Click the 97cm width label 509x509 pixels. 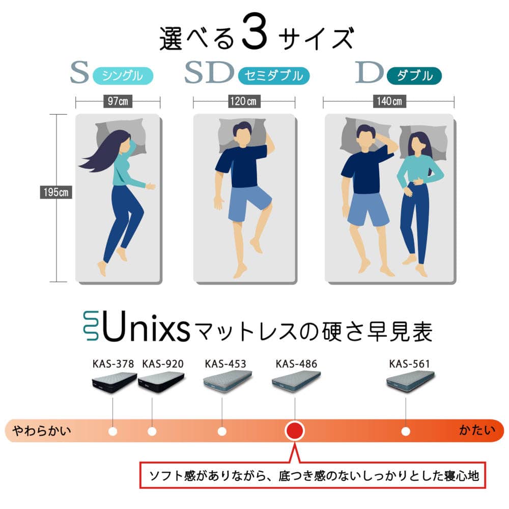[118, 101]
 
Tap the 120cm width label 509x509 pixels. [243, 101]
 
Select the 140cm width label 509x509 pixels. [389, 101]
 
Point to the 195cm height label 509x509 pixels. [56, 192]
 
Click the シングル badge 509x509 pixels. [123, 76]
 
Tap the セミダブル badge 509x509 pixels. [274, 76]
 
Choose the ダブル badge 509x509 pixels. [414, 76]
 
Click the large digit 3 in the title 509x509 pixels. [255, 32]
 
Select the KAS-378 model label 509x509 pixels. [113, 363]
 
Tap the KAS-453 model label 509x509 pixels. [225, 363]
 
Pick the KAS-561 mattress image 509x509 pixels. [410, 380]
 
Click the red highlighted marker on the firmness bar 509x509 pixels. [294, 431]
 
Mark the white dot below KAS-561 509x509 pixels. [406, 432]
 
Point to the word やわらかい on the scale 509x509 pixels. [42, 431]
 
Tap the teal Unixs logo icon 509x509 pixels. [91, 326]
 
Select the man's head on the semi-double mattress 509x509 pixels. [242, 133]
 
